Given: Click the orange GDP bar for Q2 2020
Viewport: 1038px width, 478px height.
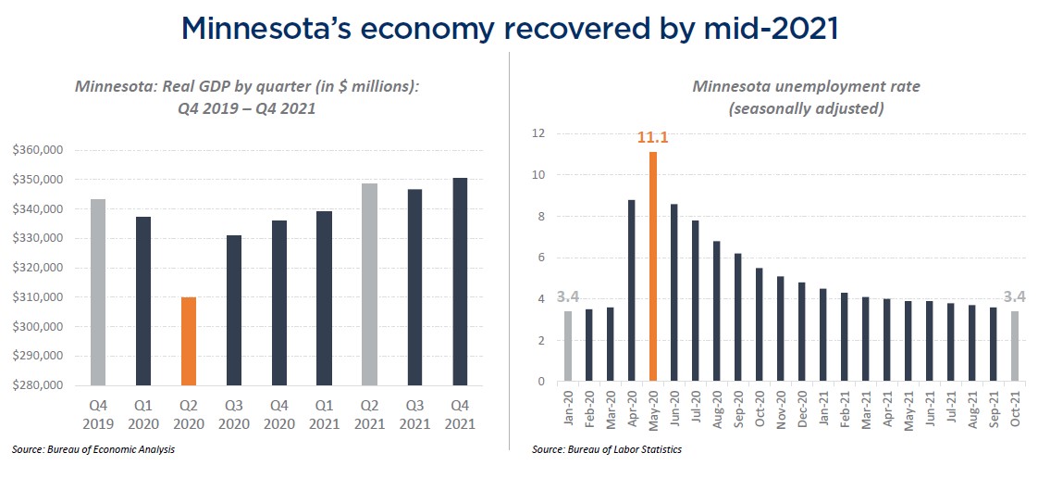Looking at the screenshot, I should coord(188,340).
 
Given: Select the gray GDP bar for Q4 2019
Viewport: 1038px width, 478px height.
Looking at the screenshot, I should coord(97,292).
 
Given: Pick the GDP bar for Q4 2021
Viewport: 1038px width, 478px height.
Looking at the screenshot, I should coord(460,281).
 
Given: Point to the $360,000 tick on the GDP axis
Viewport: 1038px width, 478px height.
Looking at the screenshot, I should coord(38,150).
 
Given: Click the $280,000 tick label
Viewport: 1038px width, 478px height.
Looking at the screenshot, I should coord(38,385).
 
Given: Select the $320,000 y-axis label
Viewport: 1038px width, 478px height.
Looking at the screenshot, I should coord(38,268).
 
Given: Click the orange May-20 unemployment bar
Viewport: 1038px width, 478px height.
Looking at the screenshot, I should coord(653,266).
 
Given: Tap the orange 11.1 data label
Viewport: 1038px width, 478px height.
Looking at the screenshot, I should coord(653,138).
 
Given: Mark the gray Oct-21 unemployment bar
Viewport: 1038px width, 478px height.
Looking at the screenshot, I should coord(1014,346).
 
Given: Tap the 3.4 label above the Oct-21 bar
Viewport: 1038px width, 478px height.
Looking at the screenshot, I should coord(1014,297).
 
